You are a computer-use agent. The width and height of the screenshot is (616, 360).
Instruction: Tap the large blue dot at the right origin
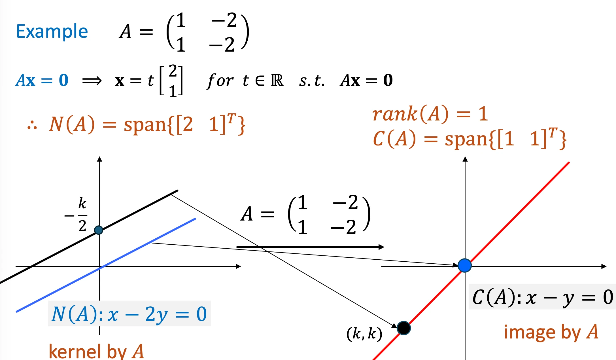(x=465, y=266)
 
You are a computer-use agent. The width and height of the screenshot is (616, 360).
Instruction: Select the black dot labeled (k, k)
(x=404, y=328)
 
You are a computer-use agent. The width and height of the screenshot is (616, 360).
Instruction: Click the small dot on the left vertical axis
(x=99, y=230)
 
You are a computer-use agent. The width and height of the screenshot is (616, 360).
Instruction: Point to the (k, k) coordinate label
(x=364, y=334)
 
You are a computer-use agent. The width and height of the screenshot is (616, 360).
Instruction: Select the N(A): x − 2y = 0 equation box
(x=129, y=314)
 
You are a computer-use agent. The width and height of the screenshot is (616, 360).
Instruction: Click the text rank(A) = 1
(x=430, y=114)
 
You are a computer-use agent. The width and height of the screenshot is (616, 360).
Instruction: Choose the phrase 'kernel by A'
(x=96, y=351)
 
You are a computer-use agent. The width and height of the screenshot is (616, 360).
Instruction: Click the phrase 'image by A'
(x=551, y=332)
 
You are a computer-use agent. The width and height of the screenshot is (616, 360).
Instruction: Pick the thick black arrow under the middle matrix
(x=310, y=247)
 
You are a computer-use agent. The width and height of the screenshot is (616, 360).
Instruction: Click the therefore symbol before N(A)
(x=32, y=125)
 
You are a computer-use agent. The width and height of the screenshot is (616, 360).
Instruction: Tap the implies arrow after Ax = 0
(x=92, y=81)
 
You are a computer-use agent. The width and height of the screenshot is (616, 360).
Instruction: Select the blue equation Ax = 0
(x=42, y=80)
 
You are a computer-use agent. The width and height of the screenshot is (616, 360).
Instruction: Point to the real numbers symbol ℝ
(x=277, y=81)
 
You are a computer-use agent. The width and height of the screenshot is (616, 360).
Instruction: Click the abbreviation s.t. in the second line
(x=312, y=81)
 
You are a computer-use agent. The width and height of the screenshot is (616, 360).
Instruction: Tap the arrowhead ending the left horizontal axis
(x=238, y=266)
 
